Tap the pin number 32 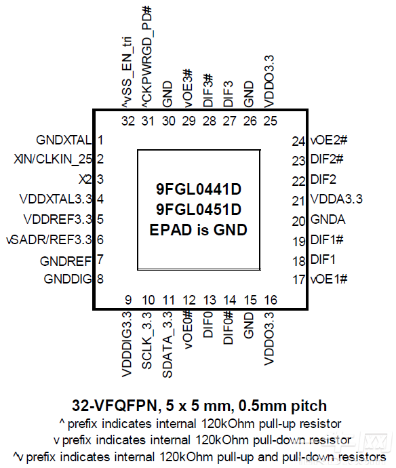128,121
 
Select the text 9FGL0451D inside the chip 198,209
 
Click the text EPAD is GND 198,229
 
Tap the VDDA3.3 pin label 337,199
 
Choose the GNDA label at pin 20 328,220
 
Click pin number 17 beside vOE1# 298,279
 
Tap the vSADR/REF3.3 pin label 48,239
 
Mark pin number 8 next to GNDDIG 100,279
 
